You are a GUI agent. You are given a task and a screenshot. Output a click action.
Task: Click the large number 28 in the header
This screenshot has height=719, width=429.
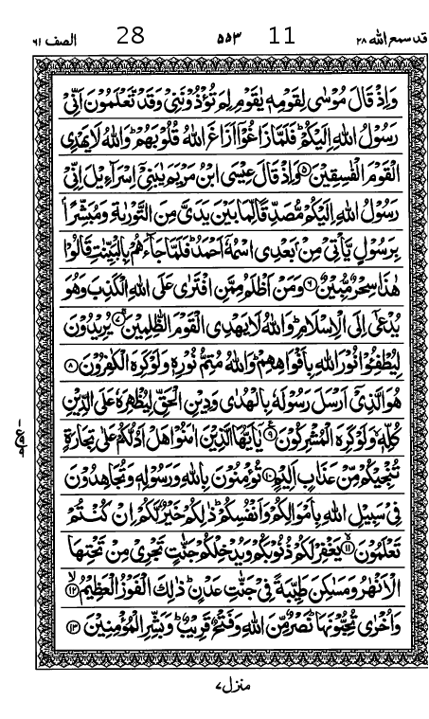click(x=130, y=37)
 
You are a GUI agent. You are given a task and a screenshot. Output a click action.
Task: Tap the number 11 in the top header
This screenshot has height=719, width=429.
click(x=282, y=37)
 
